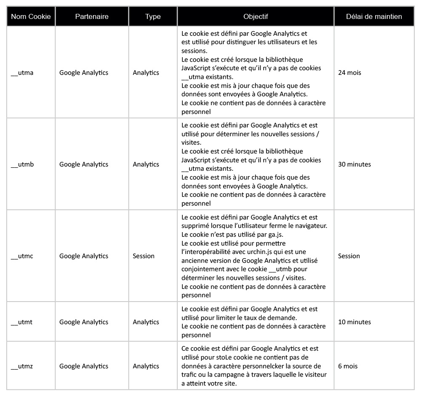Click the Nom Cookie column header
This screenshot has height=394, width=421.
click(31, 17)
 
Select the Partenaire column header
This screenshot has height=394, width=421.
click(92, 17)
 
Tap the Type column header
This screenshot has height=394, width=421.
click(153, 17)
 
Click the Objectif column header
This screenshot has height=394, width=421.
click(256, 17)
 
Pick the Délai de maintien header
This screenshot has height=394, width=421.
click(374, 17)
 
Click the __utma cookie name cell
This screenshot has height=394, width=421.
click(22, 73)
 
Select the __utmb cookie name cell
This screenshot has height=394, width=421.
click(22, 164)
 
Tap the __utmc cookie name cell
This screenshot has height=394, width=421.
click(22, 256)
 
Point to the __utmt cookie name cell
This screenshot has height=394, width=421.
click(21, 322)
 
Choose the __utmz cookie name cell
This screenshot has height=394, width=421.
click(22, 366)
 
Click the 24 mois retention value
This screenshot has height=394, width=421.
click(349, 73)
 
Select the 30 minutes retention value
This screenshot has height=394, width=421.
click(354, 164)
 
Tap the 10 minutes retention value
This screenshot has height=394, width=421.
click(354, 322)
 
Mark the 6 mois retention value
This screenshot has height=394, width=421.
click(348, 366)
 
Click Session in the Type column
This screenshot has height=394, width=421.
click(144, 256)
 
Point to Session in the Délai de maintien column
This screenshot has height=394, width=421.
click(349, 256)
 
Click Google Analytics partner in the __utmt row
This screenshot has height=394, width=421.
click(84, 322)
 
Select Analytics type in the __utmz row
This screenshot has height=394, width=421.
click(146, 366)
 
